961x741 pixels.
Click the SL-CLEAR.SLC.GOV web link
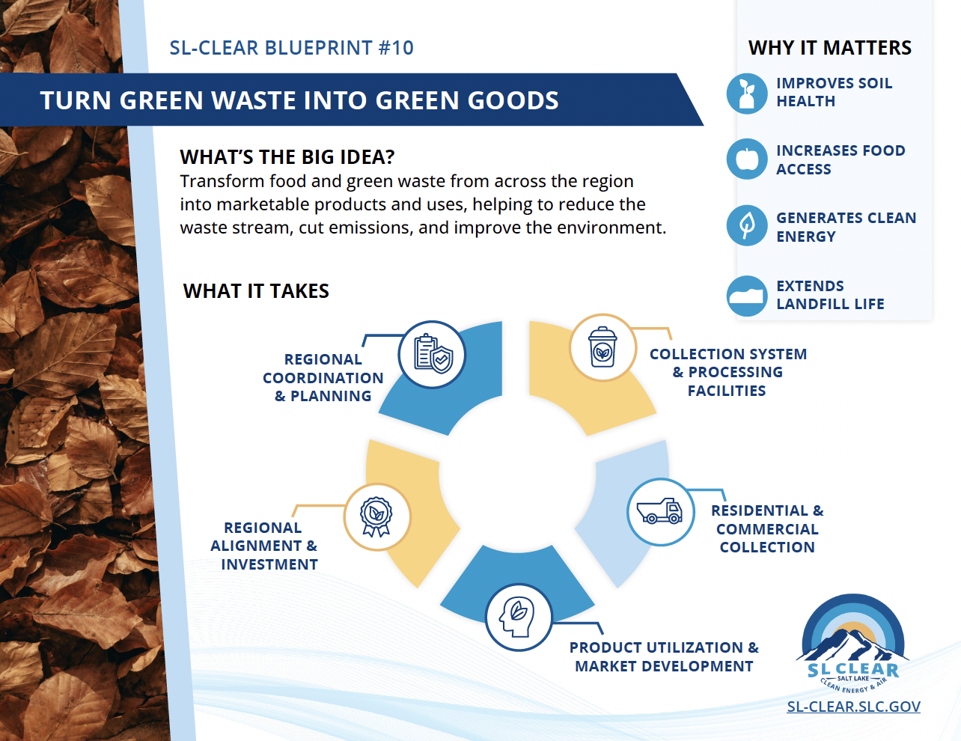tap(853, 707)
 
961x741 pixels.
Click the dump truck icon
tap(660, 512)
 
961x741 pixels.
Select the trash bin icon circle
tap(602, 348)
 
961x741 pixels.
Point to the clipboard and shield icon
tap(432, 355)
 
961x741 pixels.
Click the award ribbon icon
tap(376, 517)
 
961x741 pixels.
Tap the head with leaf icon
tap(518, 617)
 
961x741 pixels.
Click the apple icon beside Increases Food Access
tap(746, 159)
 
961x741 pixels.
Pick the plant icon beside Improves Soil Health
tap(746, 93)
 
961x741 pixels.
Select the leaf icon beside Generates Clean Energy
tap(746, 225)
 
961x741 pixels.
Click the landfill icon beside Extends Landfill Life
tap(746, 295)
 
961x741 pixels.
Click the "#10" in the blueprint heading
tap(396, 48)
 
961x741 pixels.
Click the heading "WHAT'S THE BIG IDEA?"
tap(287, 157)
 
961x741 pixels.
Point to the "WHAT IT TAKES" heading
tap(256, 291)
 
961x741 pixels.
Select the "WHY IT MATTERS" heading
tap(829, 48)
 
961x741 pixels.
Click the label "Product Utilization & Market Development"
tap(664, 656)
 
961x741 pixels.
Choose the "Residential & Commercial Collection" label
tap(767, 528)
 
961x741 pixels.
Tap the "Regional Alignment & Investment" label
tap(264, 546)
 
